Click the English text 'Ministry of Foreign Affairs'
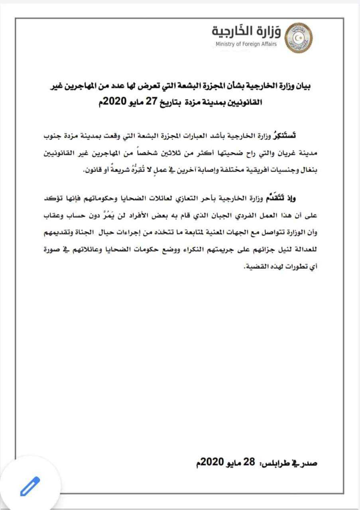(246, 44)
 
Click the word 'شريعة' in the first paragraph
(116, 171)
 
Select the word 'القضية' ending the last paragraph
(257, 268)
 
